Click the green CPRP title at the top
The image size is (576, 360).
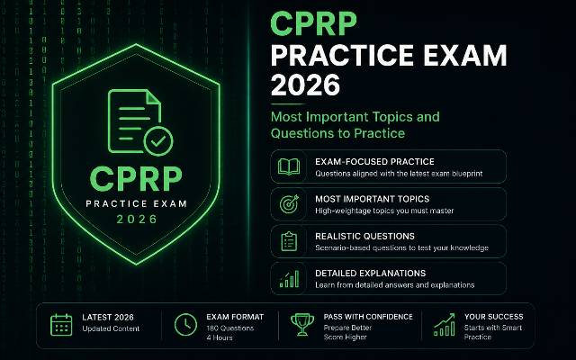[313, 24]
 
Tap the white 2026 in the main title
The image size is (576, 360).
[306, 85]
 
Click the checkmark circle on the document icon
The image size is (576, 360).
[158, 141]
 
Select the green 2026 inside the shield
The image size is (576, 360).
[137, 220]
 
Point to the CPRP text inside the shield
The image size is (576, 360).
[136, 179]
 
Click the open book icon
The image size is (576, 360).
[289, 166]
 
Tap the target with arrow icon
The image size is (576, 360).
[289, 204]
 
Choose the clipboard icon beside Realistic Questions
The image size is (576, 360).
[289, 241]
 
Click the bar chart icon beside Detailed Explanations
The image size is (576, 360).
[289, 279]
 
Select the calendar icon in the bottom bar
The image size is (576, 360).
[61, 325]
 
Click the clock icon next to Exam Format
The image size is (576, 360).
[185, 325]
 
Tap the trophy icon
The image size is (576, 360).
[302, 324]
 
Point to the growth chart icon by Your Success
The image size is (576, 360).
[445, 325]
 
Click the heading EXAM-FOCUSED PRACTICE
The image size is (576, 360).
[374, 162]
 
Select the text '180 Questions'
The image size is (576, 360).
[230, 328]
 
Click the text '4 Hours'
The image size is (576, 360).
[220, 337]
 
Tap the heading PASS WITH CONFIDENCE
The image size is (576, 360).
[368, 317]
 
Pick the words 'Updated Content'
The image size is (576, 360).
[111, 328]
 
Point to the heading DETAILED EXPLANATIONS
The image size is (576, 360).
[370, 274]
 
